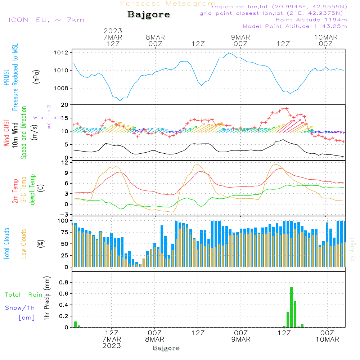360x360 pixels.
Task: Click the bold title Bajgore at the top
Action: click(x=149, y=15)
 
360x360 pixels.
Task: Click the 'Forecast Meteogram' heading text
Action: click(x=168, y=4)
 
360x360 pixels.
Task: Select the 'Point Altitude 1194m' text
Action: click(x=311, y=20)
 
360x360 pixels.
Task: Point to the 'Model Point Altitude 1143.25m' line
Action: click(x=295, y=26)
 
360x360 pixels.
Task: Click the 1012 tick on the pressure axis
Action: click(x=61, y=53)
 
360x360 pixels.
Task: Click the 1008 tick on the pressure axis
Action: click(x=61, y=88)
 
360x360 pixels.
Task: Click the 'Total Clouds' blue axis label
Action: click(x=6, y=244)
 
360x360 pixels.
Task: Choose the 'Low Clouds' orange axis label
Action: click(x=24, y=244)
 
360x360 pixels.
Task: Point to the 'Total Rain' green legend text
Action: click(x=24, y=295)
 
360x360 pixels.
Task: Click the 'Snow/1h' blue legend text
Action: click(x=20, y=308)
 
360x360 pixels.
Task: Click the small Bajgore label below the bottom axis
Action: click(x=166, y=348)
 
